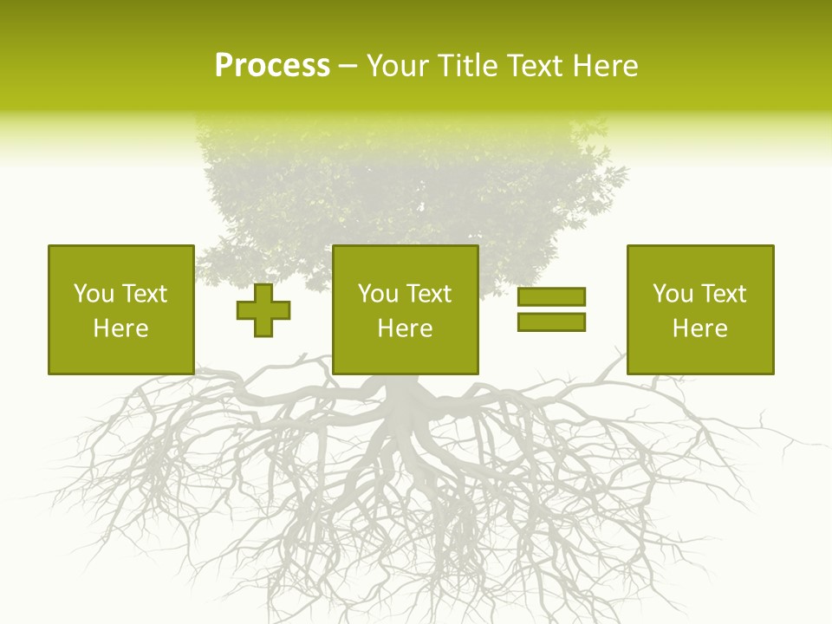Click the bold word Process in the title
(x=272, y=66)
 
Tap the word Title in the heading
(x=465, y=66)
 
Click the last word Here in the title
(x=606, y=66)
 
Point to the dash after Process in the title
(x=348, y=67)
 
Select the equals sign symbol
(x=551, y=309)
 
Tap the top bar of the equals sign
(x=551, y=297)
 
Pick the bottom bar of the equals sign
(x=551, y=322)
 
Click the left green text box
(x=120, y=309)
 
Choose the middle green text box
(x=405, y=309)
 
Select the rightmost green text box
(x=699, y=309)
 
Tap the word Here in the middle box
(x=405, y=328)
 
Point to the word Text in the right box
(x=724, y=294)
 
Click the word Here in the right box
(x=699, y=328)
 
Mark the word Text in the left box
(x=145, y=294)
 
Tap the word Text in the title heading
(x=536, y=66)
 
